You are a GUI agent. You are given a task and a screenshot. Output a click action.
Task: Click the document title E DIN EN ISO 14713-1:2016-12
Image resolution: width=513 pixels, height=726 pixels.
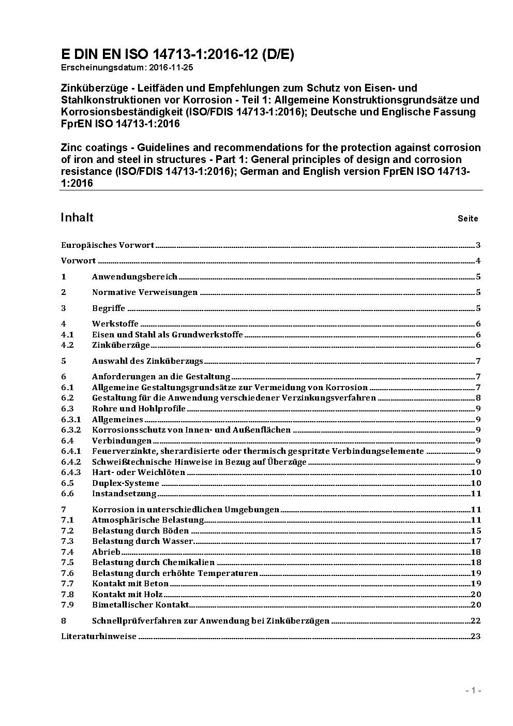coord(177,54)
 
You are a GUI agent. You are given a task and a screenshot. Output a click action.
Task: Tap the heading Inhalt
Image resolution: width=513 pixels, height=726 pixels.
coord(77,217)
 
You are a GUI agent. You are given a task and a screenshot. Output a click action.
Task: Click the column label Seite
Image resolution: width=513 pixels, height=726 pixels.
coord(467,218)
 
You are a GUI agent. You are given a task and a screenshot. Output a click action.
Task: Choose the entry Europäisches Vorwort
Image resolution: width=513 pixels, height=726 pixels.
coord(108,245)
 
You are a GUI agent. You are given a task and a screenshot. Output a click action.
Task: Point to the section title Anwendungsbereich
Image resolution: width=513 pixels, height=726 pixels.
coord(134,277)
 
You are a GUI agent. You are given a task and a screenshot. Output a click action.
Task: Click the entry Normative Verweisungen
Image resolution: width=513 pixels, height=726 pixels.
coord(145,292)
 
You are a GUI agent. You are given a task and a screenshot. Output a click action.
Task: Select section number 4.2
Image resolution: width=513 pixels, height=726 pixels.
coord(67,345)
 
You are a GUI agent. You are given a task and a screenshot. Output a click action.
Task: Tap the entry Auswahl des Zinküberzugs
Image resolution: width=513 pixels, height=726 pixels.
coord(147,361)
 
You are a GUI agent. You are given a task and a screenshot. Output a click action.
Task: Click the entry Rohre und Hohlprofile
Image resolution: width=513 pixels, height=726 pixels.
coord(139,409)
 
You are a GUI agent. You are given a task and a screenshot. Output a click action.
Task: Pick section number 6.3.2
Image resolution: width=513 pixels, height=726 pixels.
coord(71,430)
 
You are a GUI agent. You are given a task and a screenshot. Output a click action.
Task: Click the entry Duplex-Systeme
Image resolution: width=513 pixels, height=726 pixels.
coord(126,483)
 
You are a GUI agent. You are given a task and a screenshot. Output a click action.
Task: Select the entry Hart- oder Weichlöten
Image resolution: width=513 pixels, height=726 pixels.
coord(139,472)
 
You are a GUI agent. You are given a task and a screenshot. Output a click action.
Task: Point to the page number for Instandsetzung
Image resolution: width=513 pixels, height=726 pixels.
coord(476,494)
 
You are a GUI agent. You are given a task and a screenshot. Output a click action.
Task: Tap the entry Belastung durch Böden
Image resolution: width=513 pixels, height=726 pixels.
coord(140,531)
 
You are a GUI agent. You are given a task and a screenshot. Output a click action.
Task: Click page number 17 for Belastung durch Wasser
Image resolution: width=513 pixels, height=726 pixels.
coord(476,541)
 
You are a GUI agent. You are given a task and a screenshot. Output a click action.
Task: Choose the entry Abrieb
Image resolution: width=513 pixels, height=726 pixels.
coord(106,552)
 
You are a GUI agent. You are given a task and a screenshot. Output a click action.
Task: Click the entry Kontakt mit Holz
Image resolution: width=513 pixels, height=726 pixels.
coord(127,595)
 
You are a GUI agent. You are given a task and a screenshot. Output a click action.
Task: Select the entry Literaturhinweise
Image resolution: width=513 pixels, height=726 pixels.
coord(99,636)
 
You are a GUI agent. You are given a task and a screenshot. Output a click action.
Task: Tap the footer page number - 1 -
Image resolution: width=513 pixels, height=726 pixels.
coord(473,690)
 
